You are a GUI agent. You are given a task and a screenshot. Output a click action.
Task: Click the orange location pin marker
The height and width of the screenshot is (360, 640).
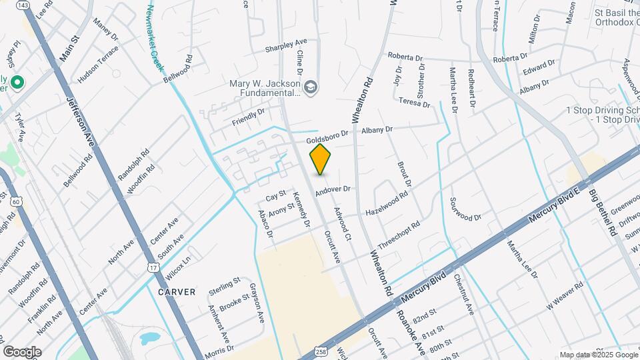[x=320, y=159]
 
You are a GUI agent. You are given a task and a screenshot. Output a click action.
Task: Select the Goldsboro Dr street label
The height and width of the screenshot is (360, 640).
[x=327, y=137]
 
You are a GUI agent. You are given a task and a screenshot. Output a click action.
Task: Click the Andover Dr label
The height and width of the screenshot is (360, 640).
[x=333, y=190]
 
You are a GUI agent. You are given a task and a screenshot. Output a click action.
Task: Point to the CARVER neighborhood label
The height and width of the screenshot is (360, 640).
[x=177, y=291]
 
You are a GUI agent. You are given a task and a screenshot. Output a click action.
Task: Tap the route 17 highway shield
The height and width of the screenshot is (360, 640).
[x=154, y=267]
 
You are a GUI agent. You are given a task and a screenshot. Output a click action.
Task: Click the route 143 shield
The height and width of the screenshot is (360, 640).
[x=23, y=5]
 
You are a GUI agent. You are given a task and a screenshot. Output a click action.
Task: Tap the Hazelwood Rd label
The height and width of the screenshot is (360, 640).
[x=386, y=205]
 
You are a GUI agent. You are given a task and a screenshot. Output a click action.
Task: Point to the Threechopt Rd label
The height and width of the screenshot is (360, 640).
[x=399, y=235]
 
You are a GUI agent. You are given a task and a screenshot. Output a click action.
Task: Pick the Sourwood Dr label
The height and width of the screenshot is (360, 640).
[x=465, y=209]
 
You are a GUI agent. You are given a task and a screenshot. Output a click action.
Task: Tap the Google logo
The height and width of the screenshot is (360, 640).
[x=22, y=351]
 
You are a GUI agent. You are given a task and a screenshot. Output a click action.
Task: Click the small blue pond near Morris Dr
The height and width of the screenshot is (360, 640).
[x=149, y=338]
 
